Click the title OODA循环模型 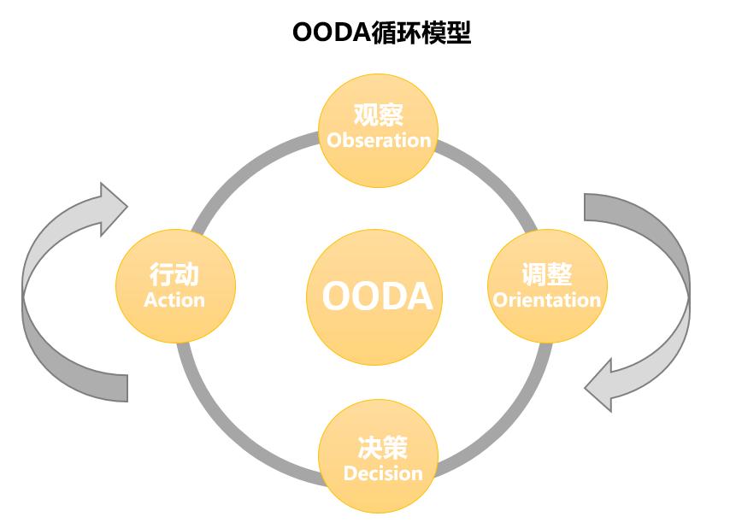point(381,32)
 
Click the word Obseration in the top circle point(379,140)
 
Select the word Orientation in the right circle point(547,300)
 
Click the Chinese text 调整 point(547,275)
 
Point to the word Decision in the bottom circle point(382,472)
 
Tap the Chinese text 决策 point(382,448)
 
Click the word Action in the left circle point(174,300)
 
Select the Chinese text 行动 point(174,275)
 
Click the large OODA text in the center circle point(378,296)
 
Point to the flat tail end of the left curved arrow point(120,388)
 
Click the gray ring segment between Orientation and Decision point(504,410)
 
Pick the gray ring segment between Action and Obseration point(248,167)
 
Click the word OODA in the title point(330,32)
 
